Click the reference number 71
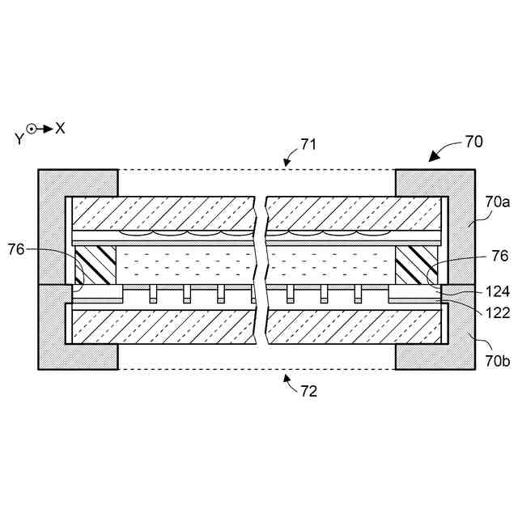point(308,145)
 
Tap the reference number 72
point(308,392)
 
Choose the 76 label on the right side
point(499,256)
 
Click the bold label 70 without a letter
point(473,142)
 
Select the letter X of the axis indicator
point(60,128)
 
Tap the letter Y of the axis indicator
point(19,138)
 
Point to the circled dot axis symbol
point(32,128)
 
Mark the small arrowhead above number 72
point(287,376)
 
